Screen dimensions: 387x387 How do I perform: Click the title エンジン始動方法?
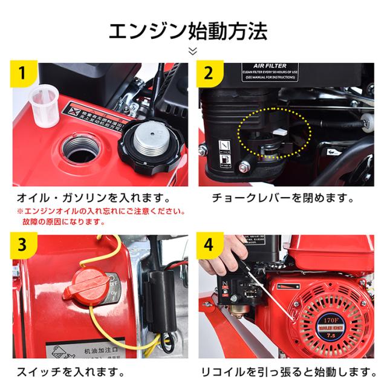pos(193,28)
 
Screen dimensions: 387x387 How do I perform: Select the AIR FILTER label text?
pos(268,68)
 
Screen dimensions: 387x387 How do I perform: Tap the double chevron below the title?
pos(193,51)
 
